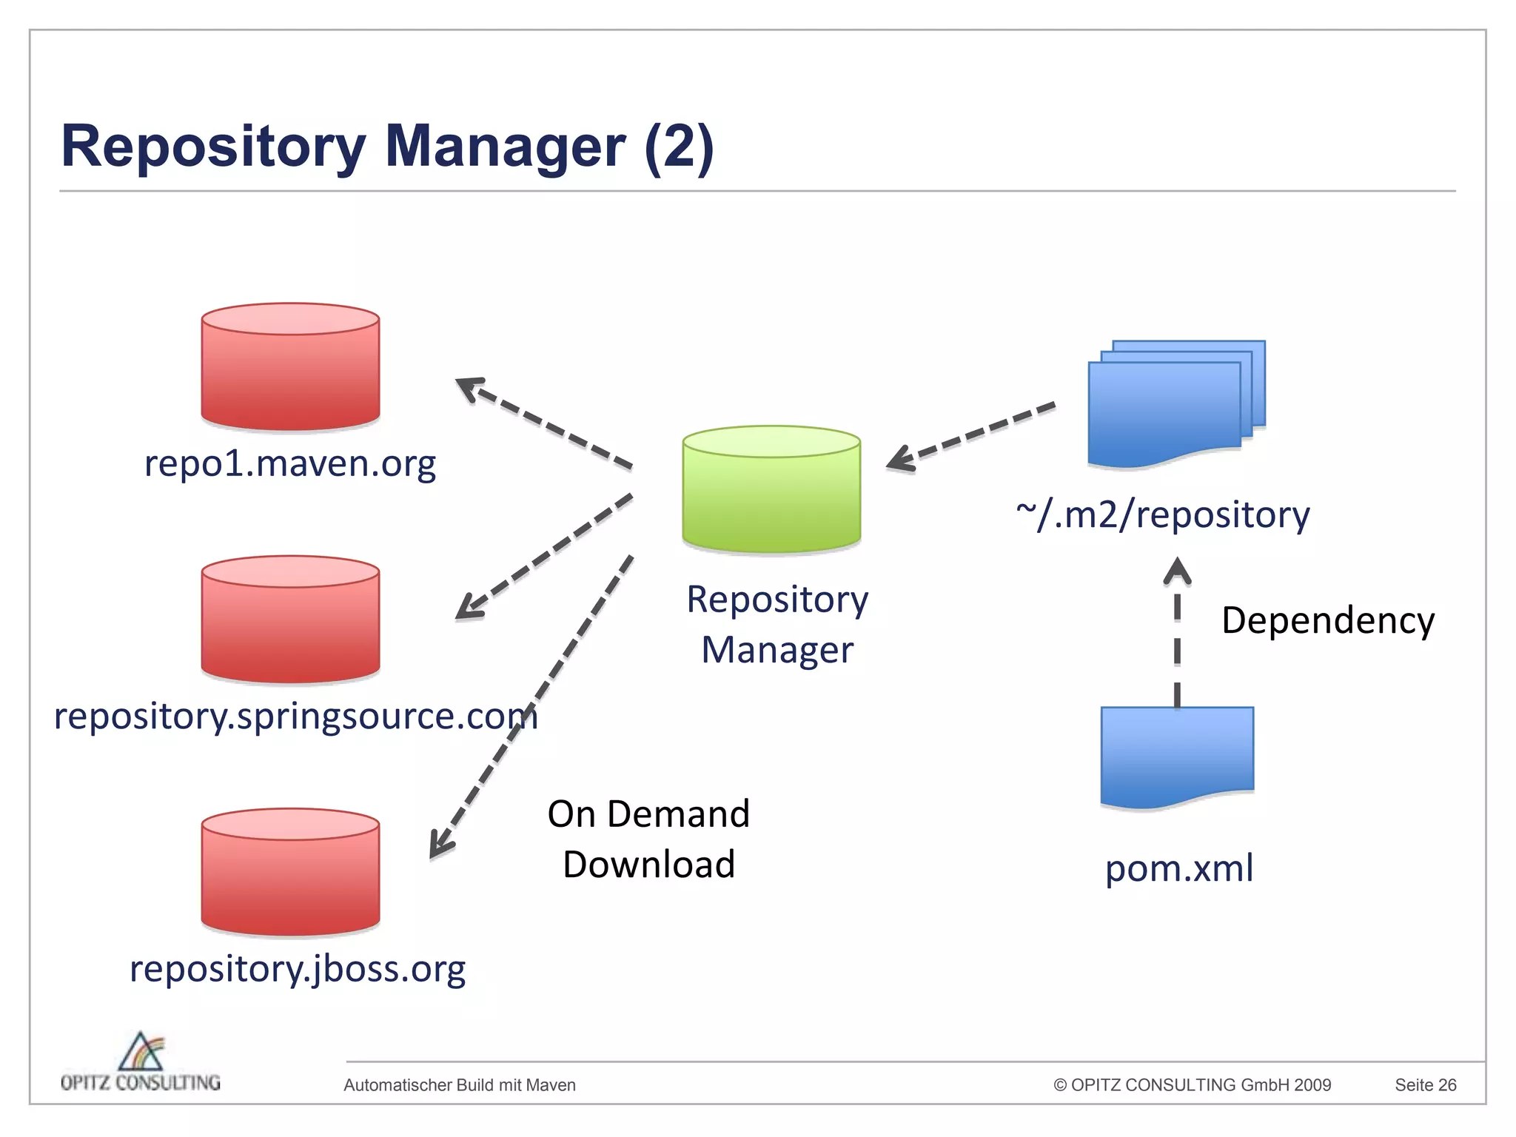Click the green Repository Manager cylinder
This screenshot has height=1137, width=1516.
click(x=771, y=490)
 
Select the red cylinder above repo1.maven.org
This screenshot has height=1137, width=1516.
click(x=290, y=368)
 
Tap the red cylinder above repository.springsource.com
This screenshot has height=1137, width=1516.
click(x=290, y=620)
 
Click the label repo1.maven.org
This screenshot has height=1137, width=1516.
click(x=290, y=464)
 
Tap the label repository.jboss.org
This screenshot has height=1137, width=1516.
click(x=298, y=968)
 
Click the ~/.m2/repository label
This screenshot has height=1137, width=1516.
click(x=1163, y=514)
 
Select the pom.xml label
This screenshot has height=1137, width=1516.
click(x=1179, y=868)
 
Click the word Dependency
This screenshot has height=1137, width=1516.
click(x=1328, y=620)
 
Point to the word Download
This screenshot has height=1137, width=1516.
click(x=648, y=865)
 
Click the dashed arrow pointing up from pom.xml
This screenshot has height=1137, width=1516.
click(x=1177, y=637)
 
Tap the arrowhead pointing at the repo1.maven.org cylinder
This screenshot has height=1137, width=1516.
click(x=470, y=387)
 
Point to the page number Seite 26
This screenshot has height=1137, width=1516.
click(x=1425, y=1085)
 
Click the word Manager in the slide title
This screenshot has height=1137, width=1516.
click(x=505, y=147)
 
